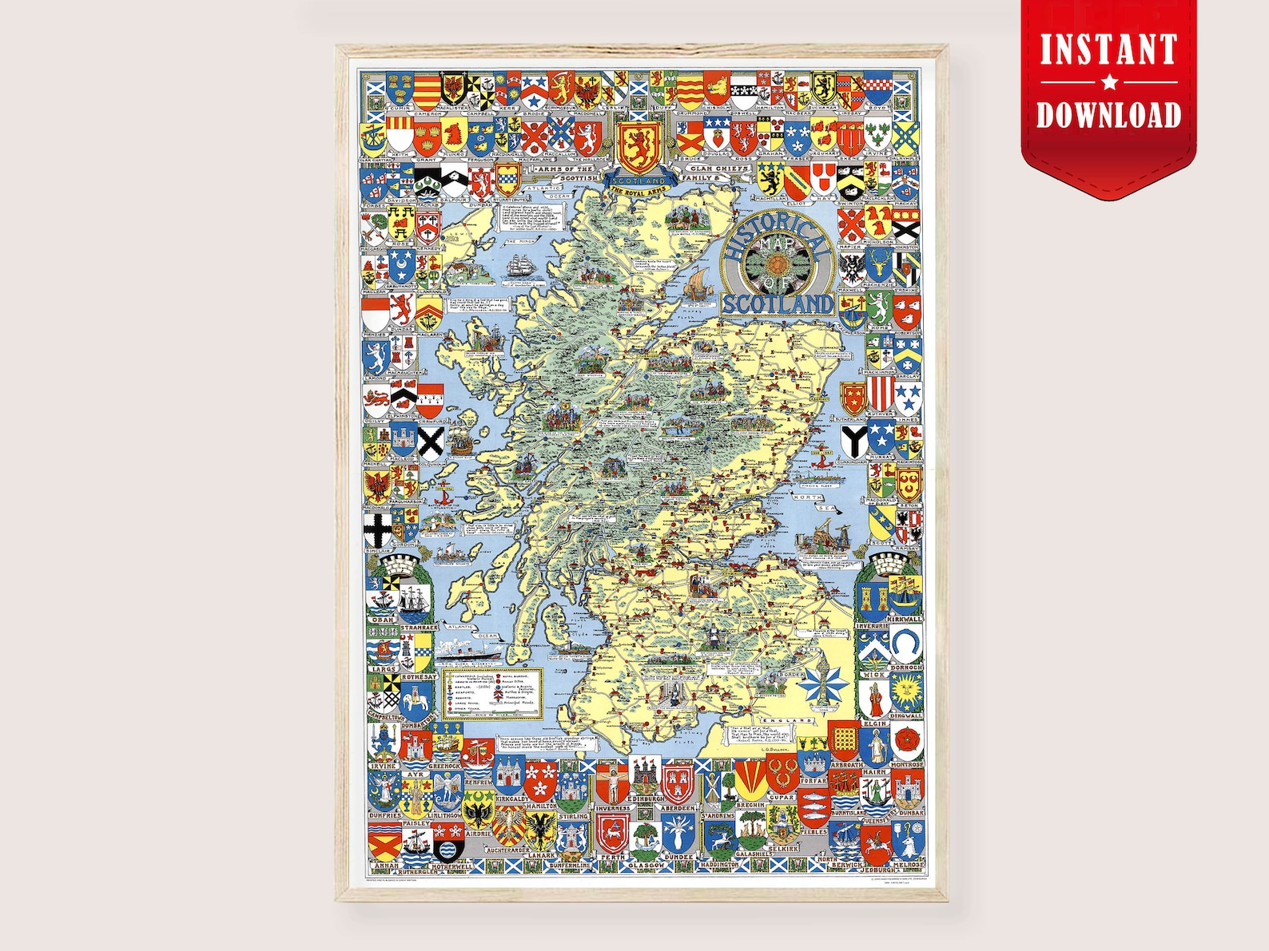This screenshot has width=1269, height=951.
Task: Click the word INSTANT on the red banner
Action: pos(1108,50)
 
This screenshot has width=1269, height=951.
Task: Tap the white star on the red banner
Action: pos(1109,81)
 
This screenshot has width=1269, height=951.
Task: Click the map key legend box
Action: pos(493,691)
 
